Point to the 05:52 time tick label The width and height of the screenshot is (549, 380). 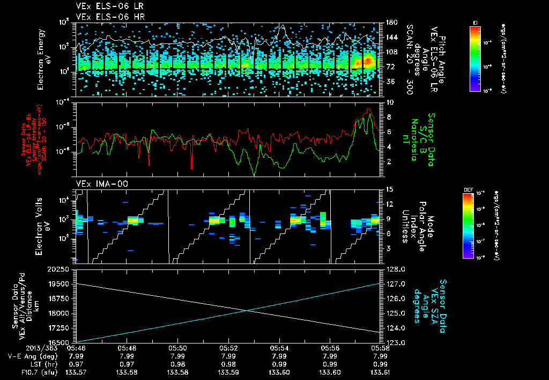tap(228, 348)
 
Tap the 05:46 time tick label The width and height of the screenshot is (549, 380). tap(76, 348)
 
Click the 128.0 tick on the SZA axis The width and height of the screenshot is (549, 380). tap(394, 269)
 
